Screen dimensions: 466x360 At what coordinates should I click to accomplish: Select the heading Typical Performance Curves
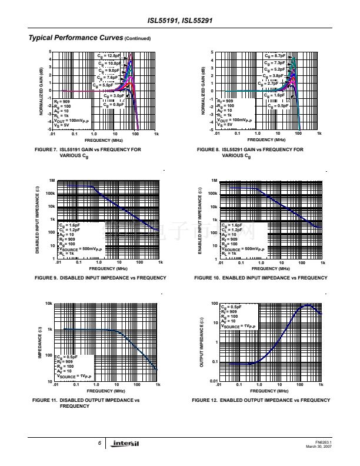76,38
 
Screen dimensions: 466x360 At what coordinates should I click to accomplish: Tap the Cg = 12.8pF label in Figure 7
109,55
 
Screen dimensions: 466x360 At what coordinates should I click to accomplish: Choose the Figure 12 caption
261,400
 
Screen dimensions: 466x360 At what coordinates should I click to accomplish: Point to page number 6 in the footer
99,444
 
